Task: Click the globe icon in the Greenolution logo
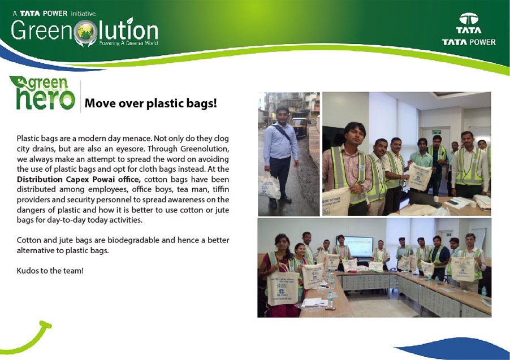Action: (85, 32)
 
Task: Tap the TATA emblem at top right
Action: (469, 19)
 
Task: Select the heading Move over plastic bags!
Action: (150, 103)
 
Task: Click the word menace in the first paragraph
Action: (137, 138)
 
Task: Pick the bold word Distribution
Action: (40, 180)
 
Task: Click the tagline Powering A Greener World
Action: (128, 43)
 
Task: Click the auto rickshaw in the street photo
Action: (299, 127)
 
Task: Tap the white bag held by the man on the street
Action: (269, 185)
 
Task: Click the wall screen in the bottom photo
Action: (358, 247)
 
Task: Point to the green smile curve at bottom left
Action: (26, 338)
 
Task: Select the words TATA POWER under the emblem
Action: (469, 42)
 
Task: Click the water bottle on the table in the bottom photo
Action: (330, 300)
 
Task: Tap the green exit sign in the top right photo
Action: (436, 132)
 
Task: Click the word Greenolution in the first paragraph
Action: (205, 149)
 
